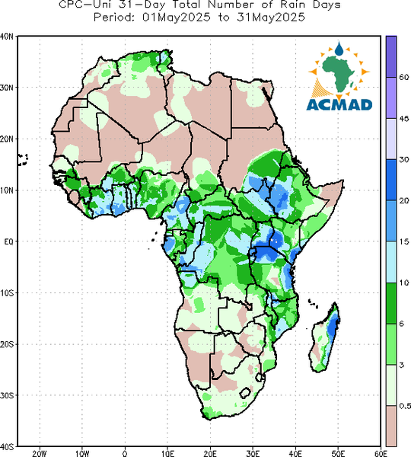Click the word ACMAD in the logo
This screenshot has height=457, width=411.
coord(339,104)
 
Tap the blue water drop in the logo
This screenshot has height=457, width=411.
coord(339,49)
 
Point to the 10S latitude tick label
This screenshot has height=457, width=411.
coord(7,292)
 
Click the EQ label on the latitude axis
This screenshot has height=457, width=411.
coord(8,241)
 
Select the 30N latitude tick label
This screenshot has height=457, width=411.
coord(7,88)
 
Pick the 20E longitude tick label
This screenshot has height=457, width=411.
coord(210,453)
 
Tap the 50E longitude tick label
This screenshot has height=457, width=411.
coord(338,453)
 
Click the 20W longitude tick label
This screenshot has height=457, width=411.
coord(40,453)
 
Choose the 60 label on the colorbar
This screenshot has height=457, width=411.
coord(403,77)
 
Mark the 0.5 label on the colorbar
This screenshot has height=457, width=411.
coord(405,406)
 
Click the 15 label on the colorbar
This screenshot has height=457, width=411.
coord(403,241)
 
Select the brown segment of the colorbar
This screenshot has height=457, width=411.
coord(391,426)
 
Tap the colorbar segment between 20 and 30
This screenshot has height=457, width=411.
coord(391,180)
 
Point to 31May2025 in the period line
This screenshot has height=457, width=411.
coord(271,18)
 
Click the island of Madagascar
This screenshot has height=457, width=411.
coord(325,337)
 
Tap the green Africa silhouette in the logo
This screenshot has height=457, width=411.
coord(339,73)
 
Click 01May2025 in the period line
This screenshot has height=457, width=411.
coord(177,18)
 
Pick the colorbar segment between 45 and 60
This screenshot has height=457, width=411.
coord(391,97)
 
